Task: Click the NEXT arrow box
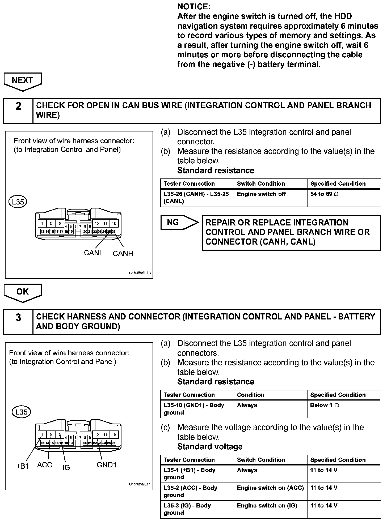coord(23,80)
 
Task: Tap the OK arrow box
coord(23,292)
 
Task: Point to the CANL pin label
coord(93,253)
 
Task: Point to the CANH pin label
coord(123,254)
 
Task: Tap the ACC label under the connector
coord(45,465)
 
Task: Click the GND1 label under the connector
coord(107,465)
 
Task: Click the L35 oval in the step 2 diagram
coord(18,202)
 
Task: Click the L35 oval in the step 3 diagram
coord(22,412)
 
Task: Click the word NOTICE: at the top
coord(194,7)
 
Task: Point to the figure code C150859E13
coord(140,273)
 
